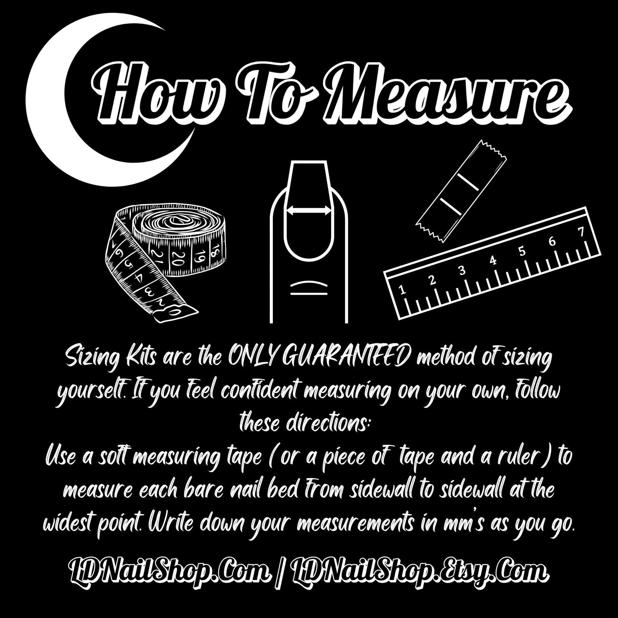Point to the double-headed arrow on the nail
[308, 210]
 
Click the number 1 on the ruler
[401, 290]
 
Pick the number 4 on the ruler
[493, 260]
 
